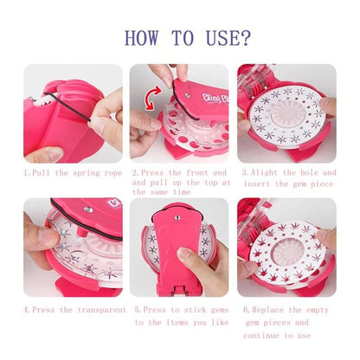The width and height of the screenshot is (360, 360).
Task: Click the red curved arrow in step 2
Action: click(155, 98)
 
